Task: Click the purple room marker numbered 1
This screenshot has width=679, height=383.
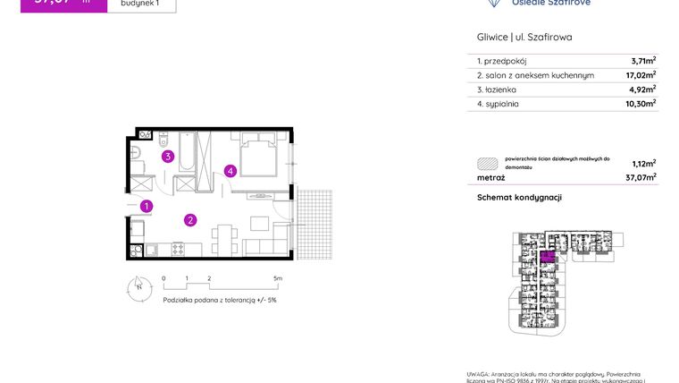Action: click(147, 207)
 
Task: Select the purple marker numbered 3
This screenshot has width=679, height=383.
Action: click(167, 157)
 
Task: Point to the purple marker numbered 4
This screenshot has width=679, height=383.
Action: click(230, 171)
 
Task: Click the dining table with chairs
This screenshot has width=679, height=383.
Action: click(225, 237)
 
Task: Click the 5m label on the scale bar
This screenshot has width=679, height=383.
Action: click(278, 279)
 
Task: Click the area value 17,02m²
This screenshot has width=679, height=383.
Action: click(641, 76)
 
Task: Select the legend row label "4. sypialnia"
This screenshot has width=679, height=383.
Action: click(498, 104)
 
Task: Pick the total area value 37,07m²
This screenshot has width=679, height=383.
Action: click(641, 177)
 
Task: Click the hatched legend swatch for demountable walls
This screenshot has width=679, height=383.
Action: click(488, 164)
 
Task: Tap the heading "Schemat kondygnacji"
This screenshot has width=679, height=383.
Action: click(519, 197)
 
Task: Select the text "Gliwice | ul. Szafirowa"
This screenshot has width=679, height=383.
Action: click(524, 38)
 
